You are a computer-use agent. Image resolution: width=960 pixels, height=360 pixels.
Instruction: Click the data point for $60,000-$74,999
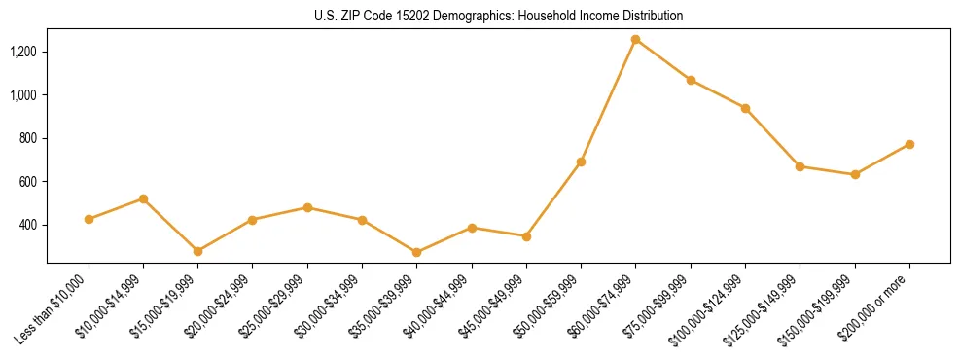635,39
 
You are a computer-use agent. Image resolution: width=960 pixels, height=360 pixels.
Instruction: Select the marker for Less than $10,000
89,219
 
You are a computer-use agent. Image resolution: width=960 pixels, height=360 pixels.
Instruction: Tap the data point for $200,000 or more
909,144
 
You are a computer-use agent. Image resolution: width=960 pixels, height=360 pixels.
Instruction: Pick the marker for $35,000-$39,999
416,252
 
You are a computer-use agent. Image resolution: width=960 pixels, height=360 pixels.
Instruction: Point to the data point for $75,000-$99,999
691,80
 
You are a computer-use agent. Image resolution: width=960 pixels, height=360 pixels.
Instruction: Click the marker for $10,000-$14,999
143,198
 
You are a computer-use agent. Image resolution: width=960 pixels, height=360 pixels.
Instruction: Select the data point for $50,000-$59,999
581,162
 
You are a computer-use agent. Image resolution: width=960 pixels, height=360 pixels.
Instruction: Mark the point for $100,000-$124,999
745,108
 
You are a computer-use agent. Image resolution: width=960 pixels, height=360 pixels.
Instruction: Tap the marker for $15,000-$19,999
197,251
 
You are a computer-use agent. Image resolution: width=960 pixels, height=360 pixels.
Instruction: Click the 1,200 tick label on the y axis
24,52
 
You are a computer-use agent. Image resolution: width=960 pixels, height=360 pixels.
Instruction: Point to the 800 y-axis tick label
29,138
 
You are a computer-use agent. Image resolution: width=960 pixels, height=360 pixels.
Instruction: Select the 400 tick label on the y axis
29,225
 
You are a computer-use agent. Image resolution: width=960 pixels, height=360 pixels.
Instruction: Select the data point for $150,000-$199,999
855,174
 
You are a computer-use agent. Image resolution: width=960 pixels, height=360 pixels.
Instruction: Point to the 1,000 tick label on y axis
24,95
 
